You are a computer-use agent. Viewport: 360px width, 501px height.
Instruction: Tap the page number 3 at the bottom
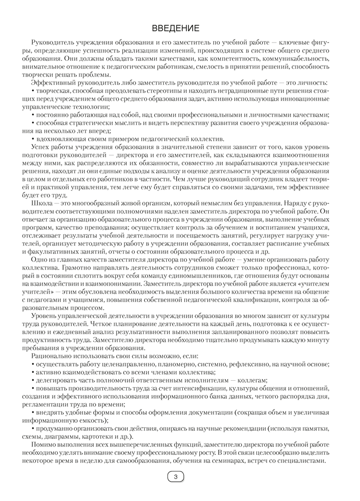tap(175, 477)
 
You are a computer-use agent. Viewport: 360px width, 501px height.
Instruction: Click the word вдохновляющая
tap(58, 139)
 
